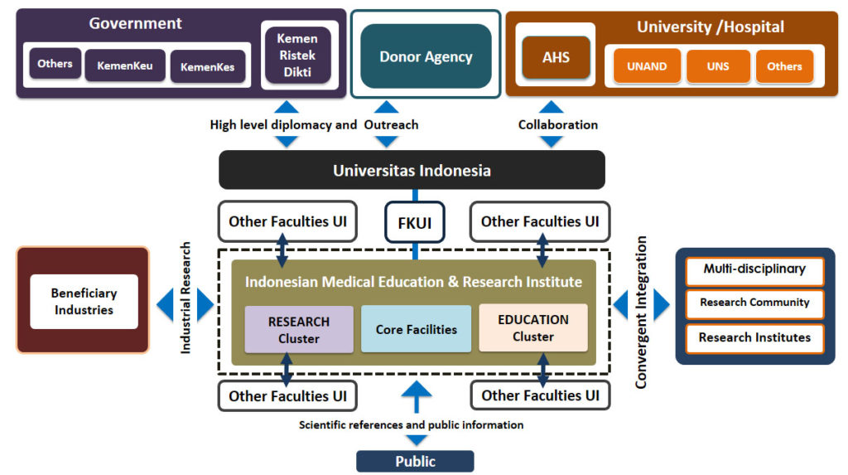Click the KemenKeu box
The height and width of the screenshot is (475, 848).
[125, 65]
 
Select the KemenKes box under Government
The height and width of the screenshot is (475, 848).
[208, 66]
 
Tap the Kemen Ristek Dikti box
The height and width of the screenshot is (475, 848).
[297, 56]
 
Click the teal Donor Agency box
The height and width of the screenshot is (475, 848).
[426, 56]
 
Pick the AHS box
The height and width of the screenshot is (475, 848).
[556, 57]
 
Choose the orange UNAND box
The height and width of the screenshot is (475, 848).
[647, 66]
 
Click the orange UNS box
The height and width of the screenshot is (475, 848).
[718, 66]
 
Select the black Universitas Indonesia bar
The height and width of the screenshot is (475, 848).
[412, 170]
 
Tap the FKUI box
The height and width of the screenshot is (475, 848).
[415, 223]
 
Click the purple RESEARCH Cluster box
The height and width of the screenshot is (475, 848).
[299, 330]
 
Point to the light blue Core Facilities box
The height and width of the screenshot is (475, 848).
[417, 329]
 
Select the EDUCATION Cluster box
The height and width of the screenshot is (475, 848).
[533, 327]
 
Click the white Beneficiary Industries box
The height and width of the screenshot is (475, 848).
[84, 301]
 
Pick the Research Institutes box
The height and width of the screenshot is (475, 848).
[755, 337]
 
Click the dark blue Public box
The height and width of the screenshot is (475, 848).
[416, 462]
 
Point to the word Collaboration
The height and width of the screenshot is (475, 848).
[558, 124]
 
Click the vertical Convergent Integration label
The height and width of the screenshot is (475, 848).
[641, 312]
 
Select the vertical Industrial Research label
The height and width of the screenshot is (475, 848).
[185, 298]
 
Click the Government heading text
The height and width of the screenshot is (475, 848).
[135, 23]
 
